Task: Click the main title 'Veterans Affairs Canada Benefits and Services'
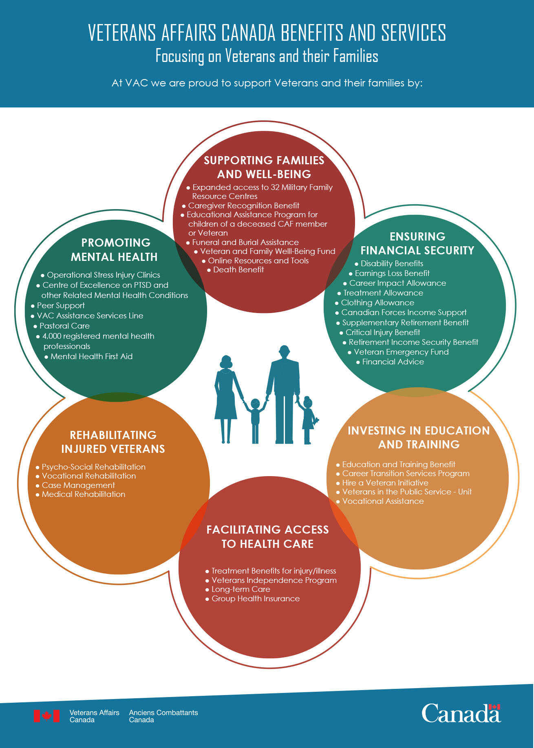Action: point(267,33)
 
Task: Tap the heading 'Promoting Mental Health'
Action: point(115,250)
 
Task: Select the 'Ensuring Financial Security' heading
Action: point(417,243)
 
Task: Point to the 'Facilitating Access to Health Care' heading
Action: point(267,536)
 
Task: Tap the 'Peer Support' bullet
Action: point(58,305)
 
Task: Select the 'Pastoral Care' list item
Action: point(62,326)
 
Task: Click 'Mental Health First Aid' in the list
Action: point(89,356)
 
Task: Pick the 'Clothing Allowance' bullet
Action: point(375,302)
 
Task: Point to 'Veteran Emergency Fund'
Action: point(398,352)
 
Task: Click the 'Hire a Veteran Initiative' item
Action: point(382,483)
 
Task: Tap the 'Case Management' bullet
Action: point(75,485)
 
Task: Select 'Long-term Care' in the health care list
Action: point(238,589)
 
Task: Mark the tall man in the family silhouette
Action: point(284,395)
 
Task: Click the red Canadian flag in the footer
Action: point(47,716)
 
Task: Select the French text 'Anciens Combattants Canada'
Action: point(163,716)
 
